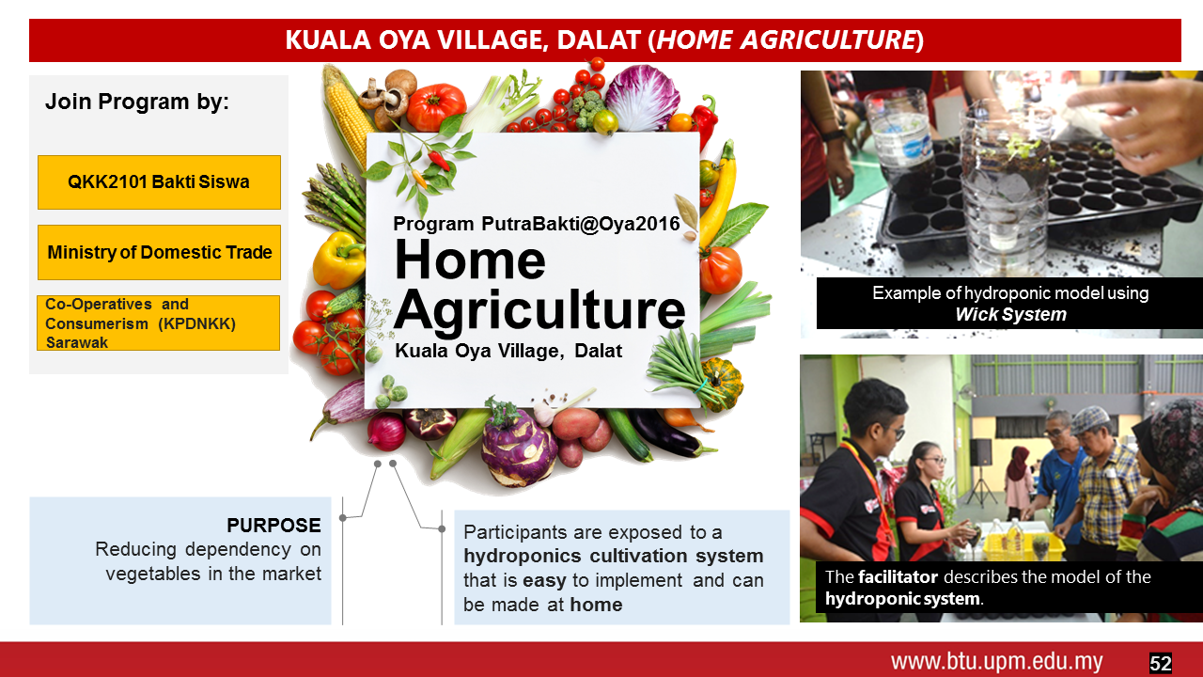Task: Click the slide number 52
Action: [x=1160, y=663]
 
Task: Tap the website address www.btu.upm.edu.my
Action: [x=997, y=662]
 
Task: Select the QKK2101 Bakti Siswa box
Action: [x=159, y=182]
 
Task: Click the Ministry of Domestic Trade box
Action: [x=159, y=252]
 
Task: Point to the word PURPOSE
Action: [x=273, y=525]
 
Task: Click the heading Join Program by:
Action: [x=137, y=102]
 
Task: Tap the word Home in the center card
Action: [x=471, y=260]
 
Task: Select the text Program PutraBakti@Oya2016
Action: [x=536, y=224]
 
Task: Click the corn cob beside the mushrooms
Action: [x=347, y=116]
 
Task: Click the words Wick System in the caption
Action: [x=1010, y=314]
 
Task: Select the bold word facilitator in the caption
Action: [x=898, y=576]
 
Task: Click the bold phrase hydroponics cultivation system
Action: [x=614, y=556]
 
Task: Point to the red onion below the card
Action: [x=386, y=432]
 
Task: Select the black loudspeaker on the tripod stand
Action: [x=980, y=452]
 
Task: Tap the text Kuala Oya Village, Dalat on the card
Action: [x=508, y=351]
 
